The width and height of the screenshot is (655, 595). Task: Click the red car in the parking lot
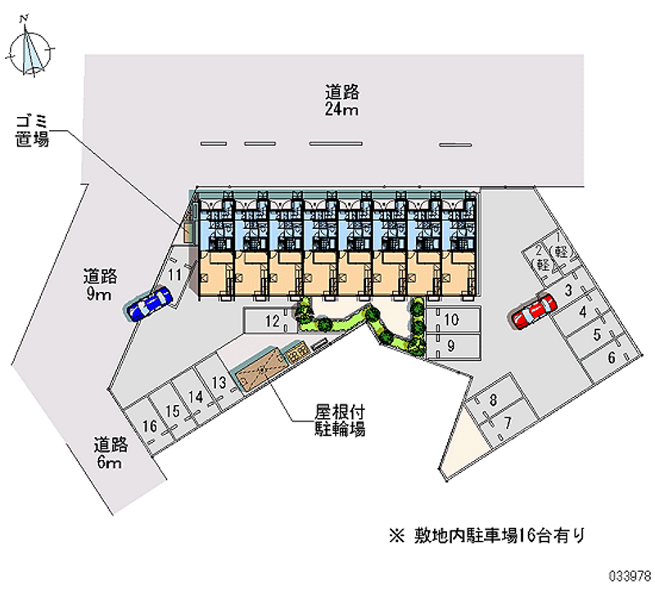[535, 311]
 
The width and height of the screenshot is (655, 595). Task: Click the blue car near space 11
[149, 303]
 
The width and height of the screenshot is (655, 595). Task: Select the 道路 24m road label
[342, 100]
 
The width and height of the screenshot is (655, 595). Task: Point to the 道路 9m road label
[100, 285]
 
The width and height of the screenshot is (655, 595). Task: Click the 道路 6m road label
[111, 453]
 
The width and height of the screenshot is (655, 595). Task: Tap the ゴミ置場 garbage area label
[33, 131]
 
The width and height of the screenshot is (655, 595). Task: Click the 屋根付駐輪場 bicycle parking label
[340, 421]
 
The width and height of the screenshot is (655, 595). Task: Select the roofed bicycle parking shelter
[261, 367]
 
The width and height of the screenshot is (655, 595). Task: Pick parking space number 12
[270, 321]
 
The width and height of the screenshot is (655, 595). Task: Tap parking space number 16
[149, 426]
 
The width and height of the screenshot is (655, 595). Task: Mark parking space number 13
[219, 381]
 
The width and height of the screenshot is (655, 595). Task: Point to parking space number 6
[611, 358]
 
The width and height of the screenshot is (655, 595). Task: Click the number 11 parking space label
[174, 274]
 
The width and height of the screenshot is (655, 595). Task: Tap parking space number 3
[568, 291]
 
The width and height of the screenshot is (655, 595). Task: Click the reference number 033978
[630, 577]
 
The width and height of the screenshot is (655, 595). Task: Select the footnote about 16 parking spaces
[486, 535]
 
